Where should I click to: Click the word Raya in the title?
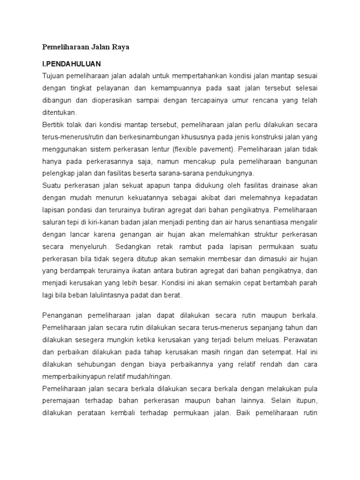coord(119,47)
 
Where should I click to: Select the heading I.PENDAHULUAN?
coord(72,63)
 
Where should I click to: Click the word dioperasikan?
coord(115,100)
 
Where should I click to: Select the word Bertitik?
coord(54,125)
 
